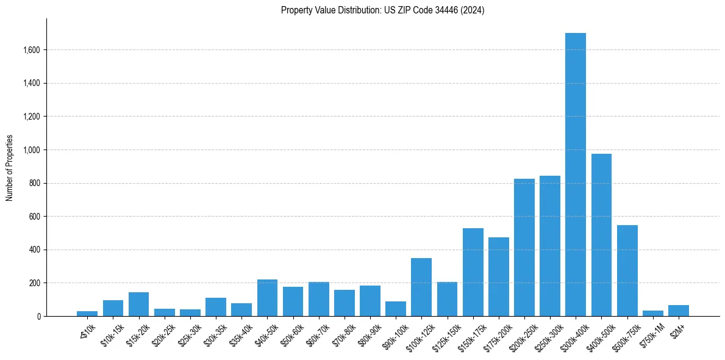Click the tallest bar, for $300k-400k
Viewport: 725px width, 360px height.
coord(576,175)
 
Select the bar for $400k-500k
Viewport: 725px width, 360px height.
coord(601,235)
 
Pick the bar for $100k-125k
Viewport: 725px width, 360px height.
coord(421,287)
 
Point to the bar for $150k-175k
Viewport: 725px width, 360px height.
coord(473,272)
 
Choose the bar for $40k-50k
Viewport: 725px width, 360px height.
coord(267,298)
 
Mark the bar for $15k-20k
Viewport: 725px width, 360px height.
coord(138,304)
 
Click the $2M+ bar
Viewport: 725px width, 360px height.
coord(679,311)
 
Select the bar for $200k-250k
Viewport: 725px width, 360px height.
coord(524,247)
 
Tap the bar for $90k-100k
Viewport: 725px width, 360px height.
coord(396,309)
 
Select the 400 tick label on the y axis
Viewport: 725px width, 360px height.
coord(35,250)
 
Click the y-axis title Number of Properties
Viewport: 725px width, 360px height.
coord(10,168)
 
